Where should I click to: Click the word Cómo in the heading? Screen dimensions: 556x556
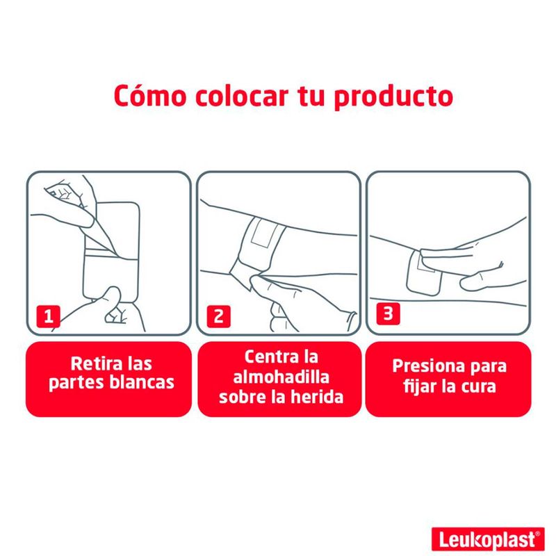click(150, 96)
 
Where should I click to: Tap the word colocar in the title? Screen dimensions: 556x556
click(242, 96)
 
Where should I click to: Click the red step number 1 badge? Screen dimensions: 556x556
click(48, 316)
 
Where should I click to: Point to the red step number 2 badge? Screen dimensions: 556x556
click(218, 316)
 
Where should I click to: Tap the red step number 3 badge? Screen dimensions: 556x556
click(389, 313)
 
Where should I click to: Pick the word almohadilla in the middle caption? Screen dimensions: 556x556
click(281, 377)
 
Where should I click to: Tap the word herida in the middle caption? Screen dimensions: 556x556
click(316, 396)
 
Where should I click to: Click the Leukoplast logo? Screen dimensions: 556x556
click(488, 539)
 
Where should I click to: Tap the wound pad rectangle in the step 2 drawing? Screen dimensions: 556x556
click(263, 232)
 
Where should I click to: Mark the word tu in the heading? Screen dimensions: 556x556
click(311, 96)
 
